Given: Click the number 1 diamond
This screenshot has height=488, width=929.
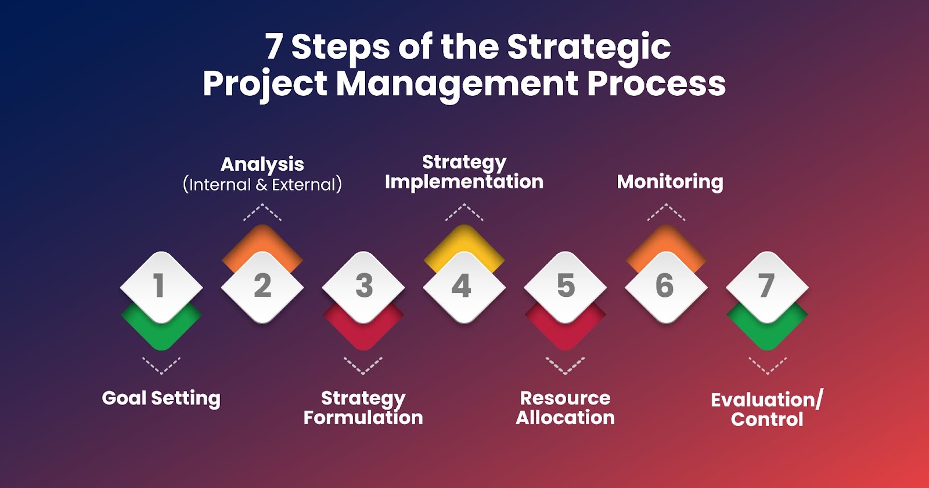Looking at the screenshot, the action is [161, 287].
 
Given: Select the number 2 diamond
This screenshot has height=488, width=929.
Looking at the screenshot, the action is [262, 287].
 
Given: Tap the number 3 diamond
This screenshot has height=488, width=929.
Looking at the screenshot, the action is [363, 287].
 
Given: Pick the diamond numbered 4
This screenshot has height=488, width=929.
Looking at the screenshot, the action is [464, 287].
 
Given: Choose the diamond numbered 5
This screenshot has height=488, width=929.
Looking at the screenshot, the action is [566, 287].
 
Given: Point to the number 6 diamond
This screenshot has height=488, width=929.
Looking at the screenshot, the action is [666, 287].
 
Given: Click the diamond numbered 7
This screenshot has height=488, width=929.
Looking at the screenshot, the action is [767, 287].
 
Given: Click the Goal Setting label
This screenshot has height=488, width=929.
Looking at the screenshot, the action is [161, 399].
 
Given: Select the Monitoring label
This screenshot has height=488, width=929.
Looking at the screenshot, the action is [670, 182].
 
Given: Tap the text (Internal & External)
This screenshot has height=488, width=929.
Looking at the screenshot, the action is [262, 185].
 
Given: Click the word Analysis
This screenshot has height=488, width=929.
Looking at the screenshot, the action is [262, 165].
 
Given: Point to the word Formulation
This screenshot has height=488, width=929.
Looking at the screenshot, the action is [363, 418].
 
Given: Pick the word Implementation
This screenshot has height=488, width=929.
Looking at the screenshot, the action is [464, 182].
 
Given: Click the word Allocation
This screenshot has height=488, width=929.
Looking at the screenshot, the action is [566, 418].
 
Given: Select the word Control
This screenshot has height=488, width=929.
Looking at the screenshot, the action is [767, 419].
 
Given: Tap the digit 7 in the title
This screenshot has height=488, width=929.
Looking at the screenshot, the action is [273, 46].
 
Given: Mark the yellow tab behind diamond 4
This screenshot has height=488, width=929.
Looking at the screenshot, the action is [464, 245].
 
